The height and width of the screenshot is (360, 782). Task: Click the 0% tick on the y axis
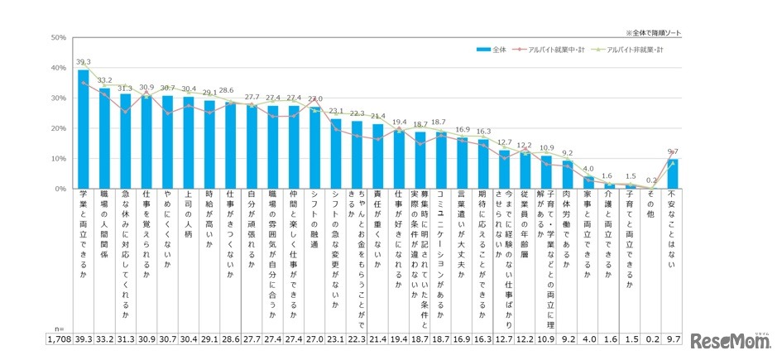coord(38,189)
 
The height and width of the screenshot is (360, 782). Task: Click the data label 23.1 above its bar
coord(336,111)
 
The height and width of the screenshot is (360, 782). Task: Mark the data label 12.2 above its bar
coord(525,145)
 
